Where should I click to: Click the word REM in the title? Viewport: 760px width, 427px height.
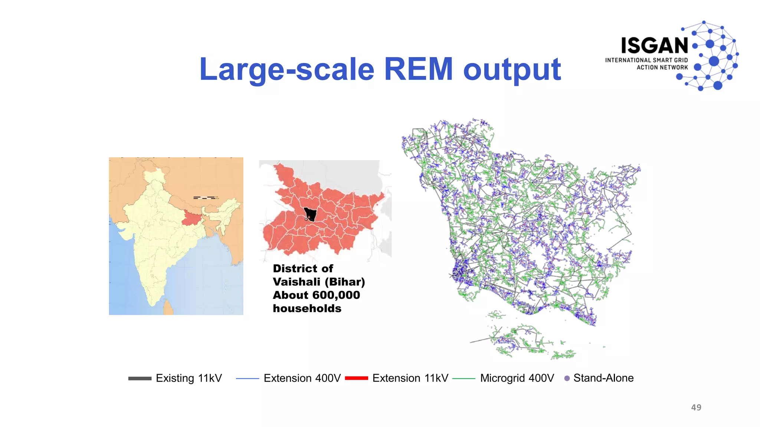[x=418, y=69]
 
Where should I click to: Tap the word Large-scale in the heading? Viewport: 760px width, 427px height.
[x=287, y=69]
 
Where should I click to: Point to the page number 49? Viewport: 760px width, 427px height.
[x=696, y=407]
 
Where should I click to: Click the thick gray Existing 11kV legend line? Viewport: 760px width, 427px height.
[x=140, y=378]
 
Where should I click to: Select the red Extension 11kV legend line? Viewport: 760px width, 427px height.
[x=356, y=378]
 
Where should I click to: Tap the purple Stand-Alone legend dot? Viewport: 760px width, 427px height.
[x=567, y=378]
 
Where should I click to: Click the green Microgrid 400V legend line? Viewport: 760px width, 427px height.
[x=463, y=378]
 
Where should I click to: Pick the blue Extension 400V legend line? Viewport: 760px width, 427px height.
[x=247, y=378]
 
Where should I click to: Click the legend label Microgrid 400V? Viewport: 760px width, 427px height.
[x=517, y=378]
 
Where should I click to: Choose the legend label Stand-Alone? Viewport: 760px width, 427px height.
[x=603, y=378]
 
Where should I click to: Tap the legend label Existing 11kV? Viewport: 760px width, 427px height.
[x=189, y=378]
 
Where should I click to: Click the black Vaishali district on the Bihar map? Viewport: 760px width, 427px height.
[x=311, y=214]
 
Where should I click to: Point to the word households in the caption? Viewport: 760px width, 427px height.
[x=307, y=308]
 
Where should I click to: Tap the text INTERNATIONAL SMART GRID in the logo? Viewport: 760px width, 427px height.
[x=646, y=60]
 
